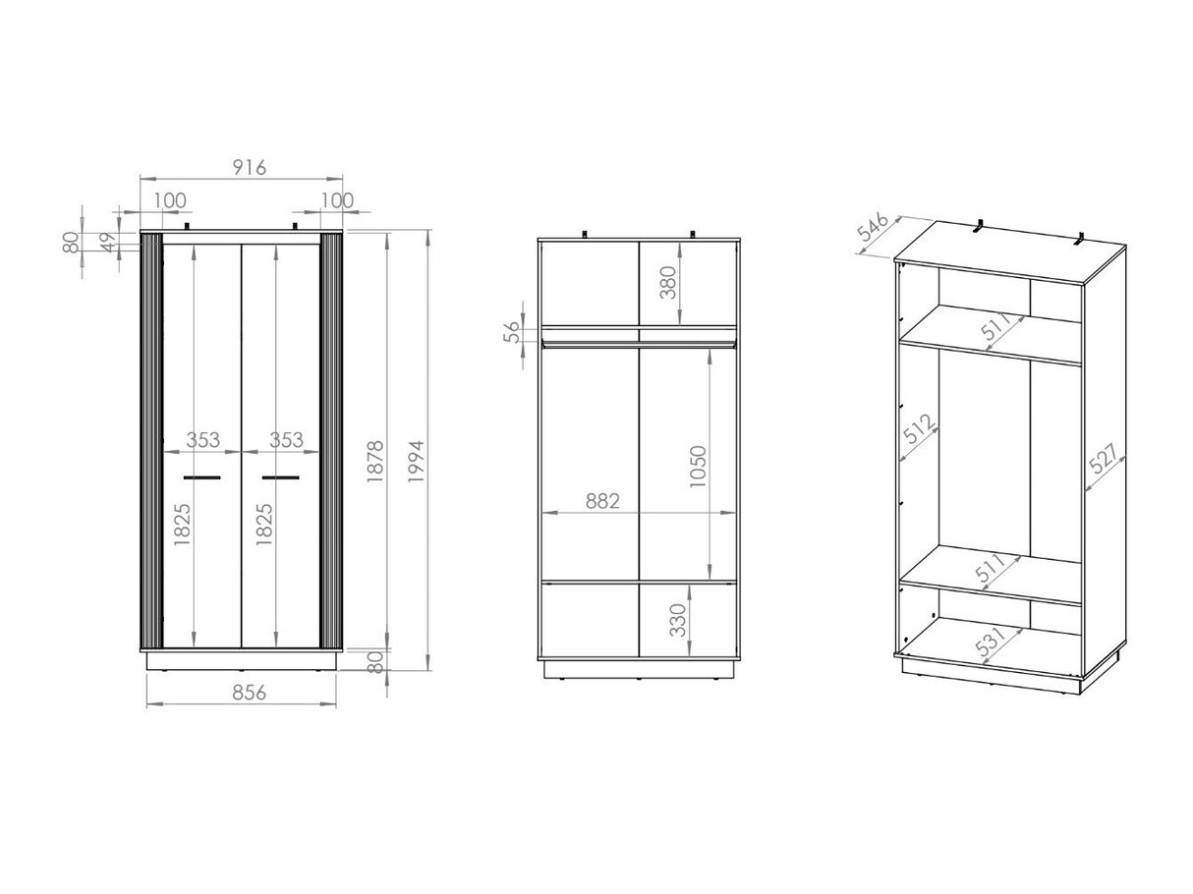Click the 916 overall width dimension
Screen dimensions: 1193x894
pyautogui.click(x=250, y=167)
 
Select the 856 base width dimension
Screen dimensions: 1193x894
pyautogui.click(x=250, y=693)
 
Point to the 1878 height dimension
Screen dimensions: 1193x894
pyautogui.click(x=375, y=461)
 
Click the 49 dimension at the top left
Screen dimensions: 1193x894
pyautogui.click(x=109, y=243)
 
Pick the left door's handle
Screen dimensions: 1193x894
pyautogui.click(x=202, y=477)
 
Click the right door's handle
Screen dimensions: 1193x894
pyautogui.click(x=280, y=477)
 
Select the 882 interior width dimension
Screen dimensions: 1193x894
pyautogui.click(x=602, y=501)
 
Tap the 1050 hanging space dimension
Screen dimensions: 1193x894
pyautogui.click(x=698, y=467)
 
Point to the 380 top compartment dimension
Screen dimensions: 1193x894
pyautogui.click(x=668, y=282)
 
